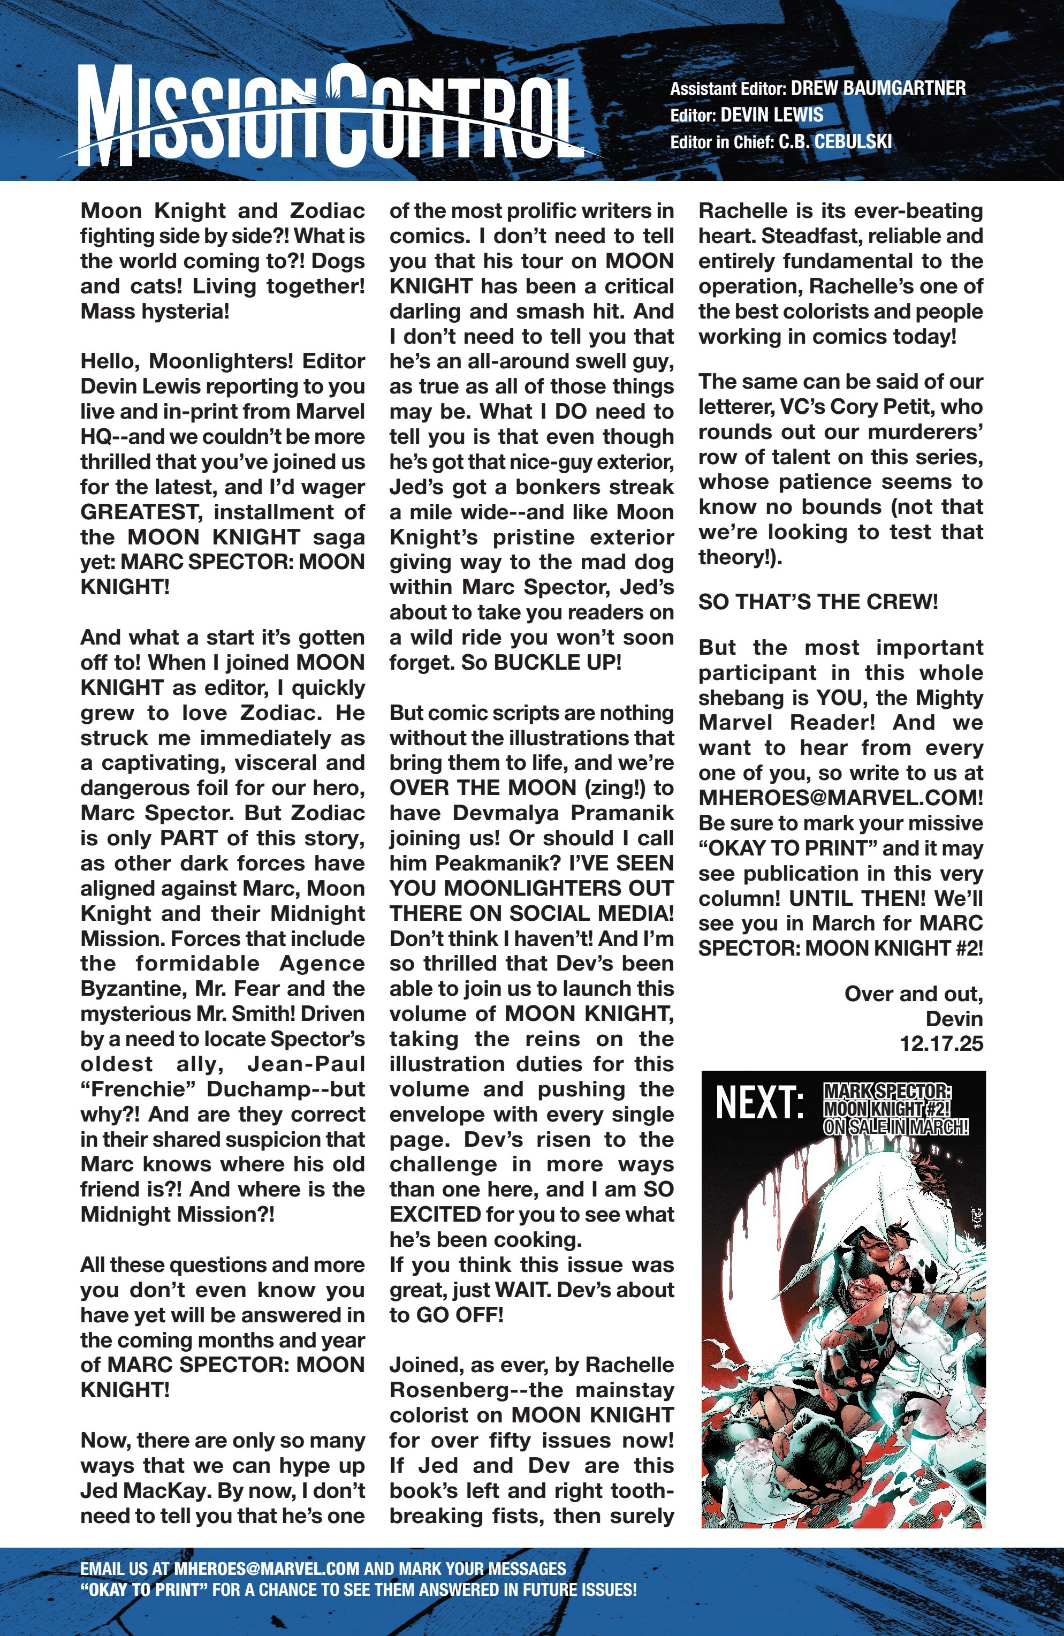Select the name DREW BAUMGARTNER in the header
coord(878,88)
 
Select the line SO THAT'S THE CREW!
coord(818,602)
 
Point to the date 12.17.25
coord(941,1044)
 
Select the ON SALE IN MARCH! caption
coord(895,1127)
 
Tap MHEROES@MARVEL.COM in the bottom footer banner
coord(267,1569)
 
